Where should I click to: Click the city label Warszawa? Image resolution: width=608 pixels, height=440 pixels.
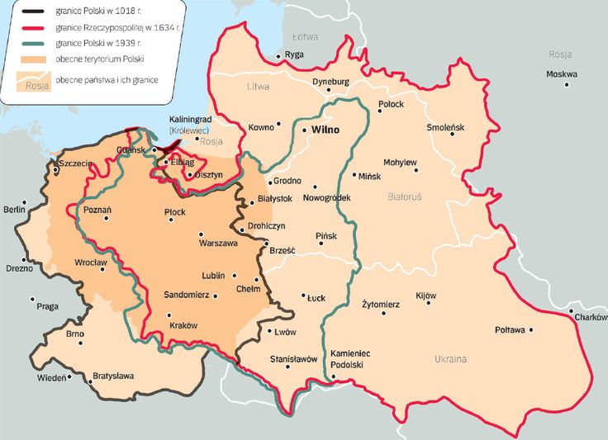218,244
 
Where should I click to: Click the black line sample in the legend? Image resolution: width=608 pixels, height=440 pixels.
34,12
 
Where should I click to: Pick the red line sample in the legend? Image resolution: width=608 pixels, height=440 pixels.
34,27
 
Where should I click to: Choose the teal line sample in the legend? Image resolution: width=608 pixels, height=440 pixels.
34,42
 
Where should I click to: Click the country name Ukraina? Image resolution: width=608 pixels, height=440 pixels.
450,359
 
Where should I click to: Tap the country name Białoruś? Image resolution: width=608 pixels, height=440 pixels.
404,197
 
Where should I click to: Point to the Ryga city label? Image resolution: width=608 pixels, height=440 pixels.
294,55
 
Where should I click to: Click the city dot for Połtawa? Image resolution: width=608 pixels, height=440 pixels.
531,330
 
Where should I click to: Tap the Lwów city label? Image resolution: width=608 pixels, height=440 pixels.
284,332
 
